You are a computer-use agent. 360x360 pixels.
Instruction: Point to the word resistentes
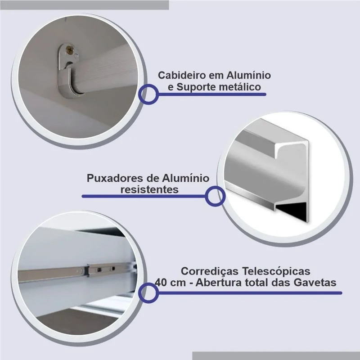150,189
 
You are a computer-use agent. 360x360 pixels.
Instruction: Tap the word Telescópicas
276,271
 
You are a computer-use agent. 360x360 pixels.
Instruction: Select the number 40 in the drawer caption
161,283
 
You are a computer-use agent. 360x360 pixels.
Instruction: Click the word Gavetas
315,283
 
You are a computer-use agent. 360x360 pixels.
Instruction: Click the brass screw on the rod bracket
68,49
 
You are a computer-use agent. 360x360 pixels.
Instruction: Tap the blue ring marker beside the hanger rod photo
148,94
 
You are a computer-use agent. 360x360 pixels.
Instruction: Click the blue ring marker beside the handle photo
215,196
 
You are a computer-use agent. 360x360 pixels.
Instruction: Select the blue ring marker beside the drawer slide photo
148,293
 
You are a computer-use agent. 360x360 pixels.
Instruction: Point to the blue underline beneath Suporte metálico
212,94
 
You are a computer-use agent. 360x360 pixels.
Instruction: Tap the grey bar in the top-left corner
85,5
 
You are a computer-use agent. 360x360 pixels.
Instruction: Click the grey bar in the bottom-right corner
276,355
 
